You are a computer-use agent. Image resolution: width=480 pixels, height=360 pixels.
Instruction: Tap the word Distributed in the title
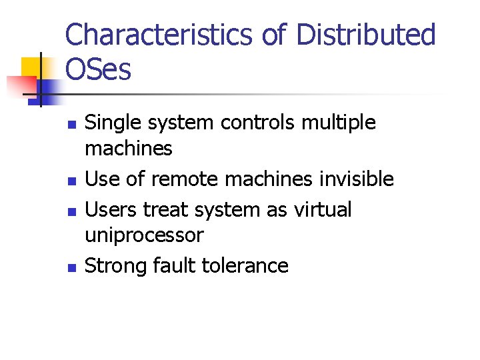(x=365, y=35)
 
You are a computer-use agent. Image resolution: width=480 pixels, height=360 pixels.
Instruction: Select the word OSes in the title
(x=99, y=69)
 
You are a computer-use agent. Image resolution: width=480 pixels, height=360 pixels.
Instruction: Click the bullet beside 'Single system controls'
(x=73, y=125)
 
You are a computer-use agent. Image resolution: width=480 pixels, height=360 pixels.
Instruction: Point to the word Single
(x=111, y=123)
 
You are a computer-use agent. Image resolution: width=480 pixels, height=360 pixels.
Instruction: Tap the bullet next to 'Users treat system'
(x=73, y=211)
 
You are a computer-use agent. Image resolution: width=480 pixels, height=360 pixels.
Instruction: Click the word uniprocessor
(x=144, y=235)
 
